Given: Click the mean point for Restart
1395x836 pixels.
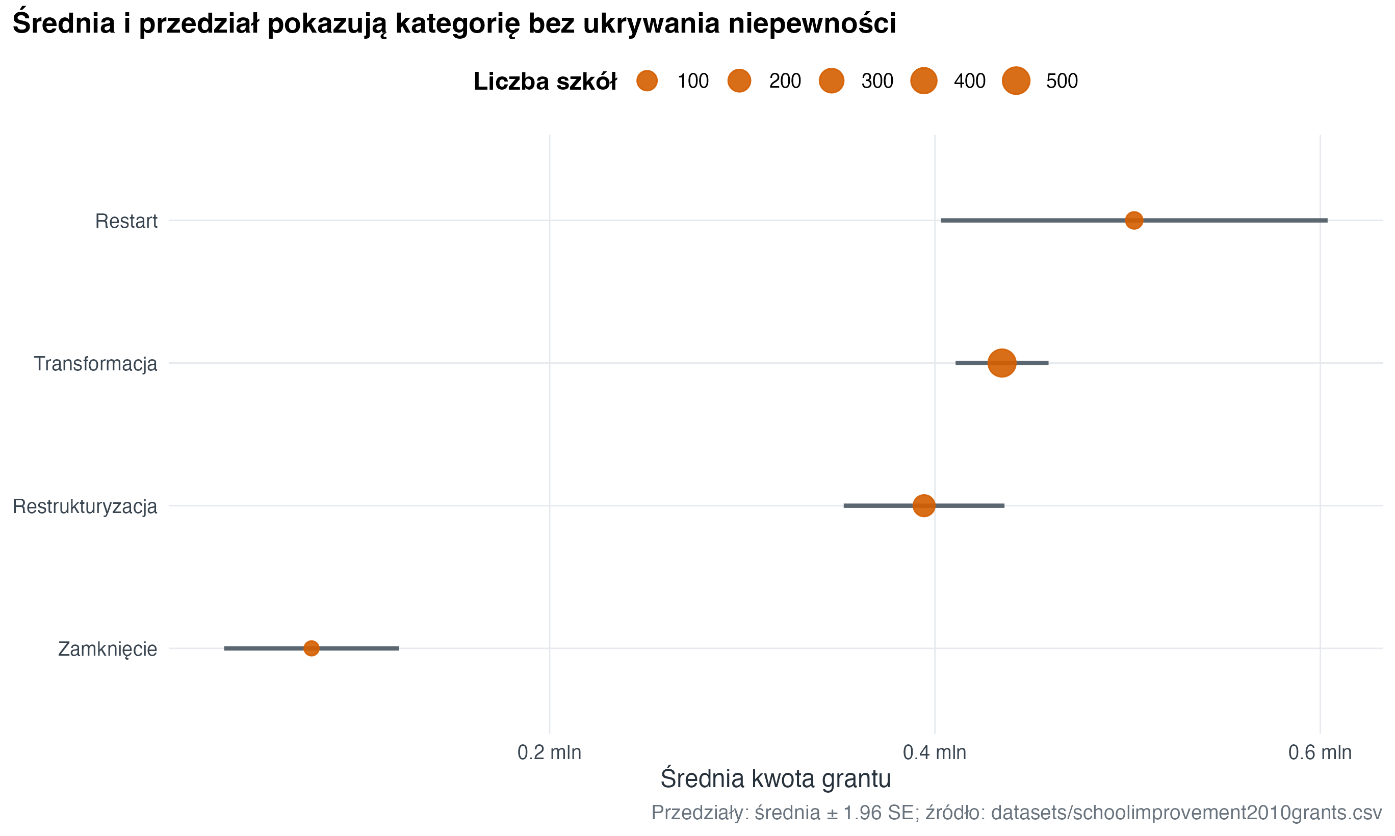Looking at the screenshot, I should (1133, 220).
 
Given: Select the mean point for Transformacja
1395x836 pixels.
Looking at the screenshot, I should (1001, 363).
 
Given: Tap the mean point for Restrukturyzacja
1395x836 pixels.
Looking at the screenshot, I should (924, 505).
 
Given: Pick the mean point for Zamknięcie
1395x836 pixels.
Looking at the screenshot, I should (311, 649).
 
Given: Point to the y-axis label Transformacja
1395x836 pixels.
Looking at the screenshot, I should (95, 364).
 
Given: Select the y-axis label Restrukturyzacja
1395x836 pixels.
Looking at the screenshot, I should (85, 506).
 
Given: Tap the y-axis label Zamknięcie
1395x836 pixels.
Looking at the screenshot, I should (108, 650).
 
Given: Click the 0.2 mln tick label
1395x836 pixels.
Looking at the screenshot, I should (549, 752).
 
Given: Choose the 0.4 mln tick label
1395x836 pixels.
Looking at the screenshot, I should (935, 752).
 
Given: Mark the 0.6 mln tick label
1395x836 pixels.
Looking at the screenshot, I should (1320, 752).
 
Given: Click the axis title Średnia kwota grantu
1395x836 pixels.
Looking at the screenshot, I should (776, 778).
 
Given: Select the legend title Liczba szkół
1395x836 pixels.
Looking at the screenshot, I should (545, 82).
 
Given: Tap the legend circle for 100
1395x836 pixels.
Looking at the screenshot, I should (647, 81).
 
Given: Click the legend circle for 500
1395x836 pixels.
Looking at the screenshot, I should (1016, 81).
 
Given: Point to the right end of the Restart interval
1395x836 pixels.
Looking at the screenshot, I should (1327, 220).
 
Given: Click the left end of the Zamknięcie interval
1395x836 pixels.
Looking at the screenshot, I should (225, 649).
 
